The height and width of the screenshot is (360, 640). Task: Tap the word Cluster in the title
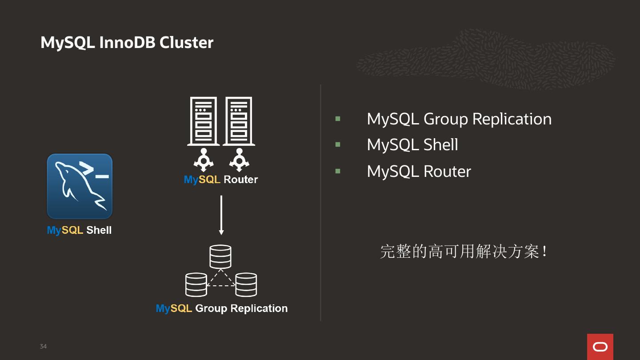186,43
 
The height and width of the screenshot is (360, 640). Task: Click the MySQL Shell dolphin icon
80,186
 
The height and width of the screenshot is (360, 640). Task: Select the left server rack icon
204,121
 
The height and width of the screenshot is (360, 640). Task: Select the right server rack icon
239,121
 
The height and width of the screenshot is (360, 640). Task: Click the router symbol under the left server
204,160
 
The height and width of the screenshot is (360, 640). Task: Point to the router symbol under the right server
239,160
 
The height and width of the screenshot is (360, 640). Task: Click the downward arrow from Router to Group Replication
221,215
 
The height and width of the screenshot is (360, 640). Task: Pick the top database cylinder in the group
220,256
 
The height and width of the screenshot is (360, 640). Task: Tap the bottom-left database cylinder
196,284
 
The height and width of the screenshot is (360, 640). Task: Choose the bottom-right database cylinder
246,284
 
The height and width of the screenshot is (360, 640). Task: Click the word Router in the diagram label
240,180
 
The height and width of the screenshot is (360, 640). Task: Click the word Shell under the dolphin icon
99,230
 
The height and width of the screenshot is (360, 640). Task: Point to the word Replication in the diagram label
259,308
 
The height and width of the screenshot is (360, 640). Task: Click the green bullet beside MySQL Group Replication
338,119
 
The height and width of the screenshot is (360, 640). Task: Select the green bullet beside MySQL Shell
338,144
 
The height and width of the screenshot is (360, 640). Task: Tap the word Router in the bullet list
447,172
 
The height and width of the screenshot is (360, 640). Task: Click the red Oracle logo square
600,347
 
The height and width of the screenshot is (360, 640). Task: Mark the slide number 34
43,346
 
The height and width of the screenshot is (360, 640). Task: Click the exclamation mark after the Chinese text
545,252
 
